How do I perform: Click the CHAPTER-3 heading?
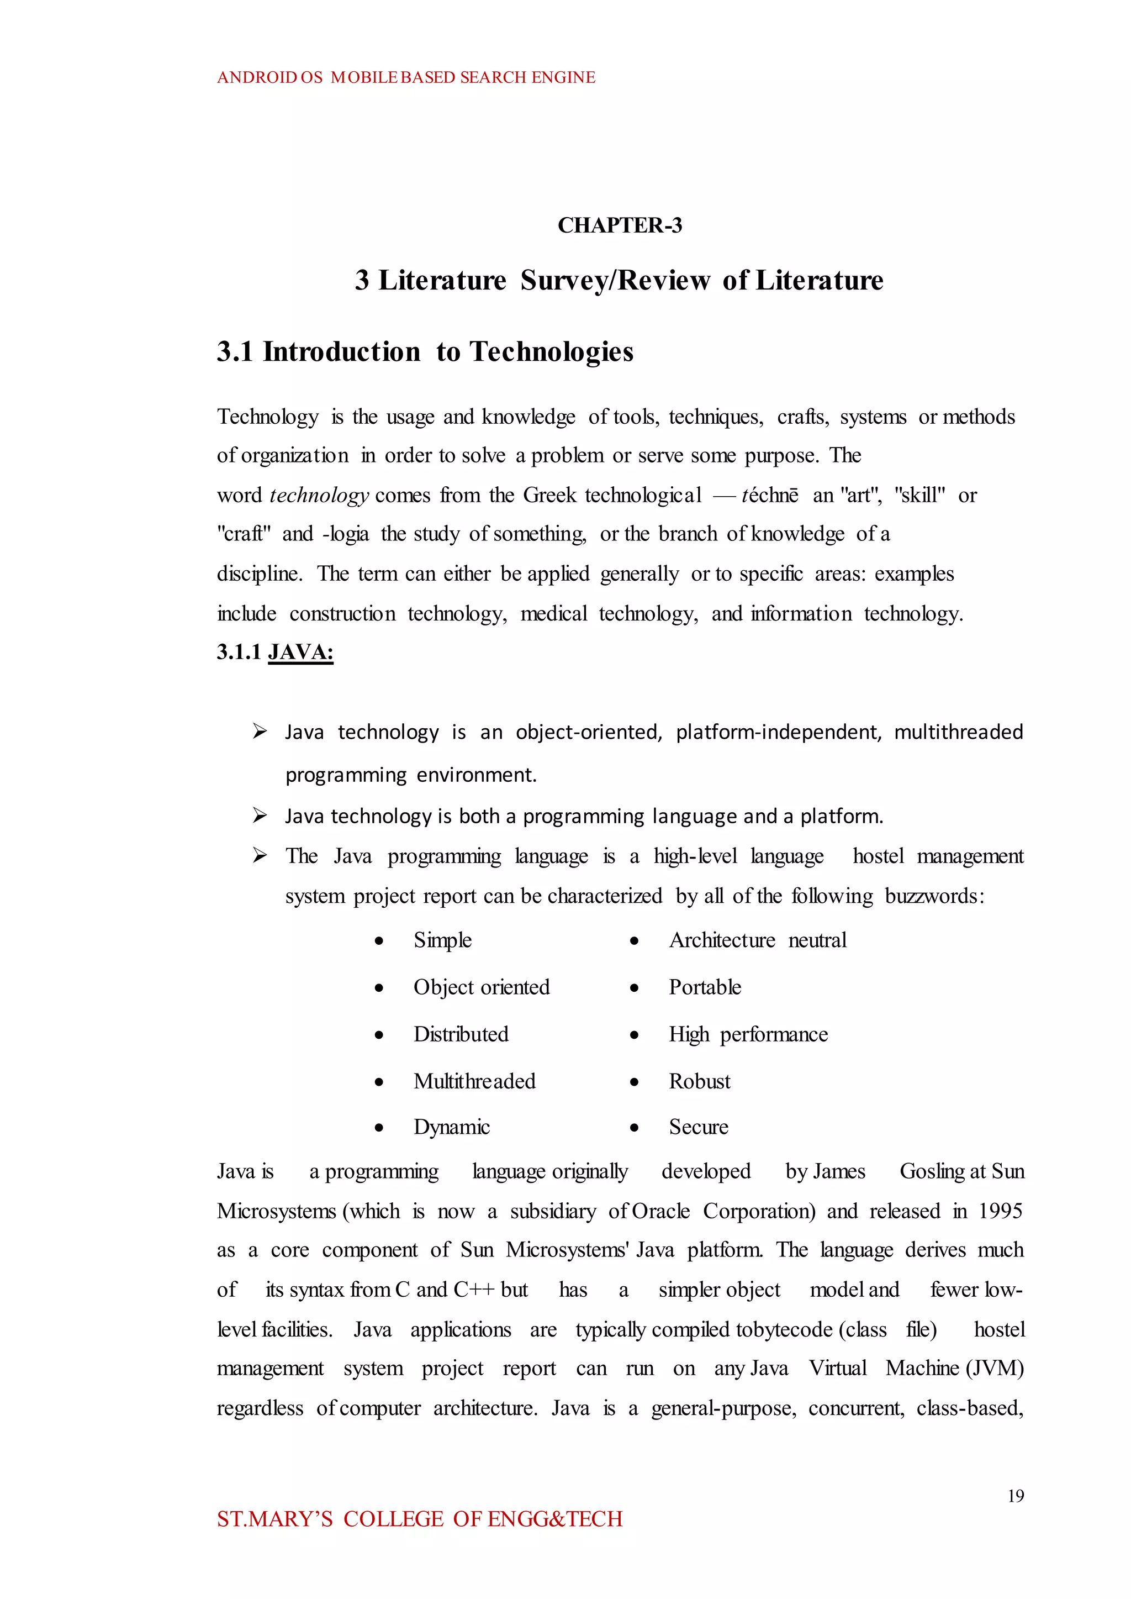pos(619,225)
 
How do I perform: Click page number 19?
pos(1016,1496)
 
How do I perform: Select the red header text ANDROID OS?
pos(269,77)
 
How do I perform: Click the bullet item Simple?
pos(442,940)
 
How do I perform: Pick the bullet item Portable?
pos(704,987)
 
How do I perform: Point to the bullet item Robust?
pos(699,1081)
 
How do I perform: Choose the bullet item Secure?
pos(698,1127)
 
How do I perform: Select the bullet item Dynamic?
pos(451,1127)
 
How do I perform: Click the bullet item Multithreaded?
pos(474,1081)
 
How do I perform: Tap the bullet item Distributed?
pos(461,1034)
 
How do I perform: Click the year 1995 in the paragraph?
pos(1000,1211)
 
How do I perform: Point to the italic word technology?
pos(319,496)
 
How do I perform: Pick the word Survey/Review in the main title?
pos(615,280)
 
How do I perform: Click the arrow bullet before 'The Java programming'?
pos(260,856)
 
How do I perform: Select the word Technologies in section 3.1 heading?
pos(552,352)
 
